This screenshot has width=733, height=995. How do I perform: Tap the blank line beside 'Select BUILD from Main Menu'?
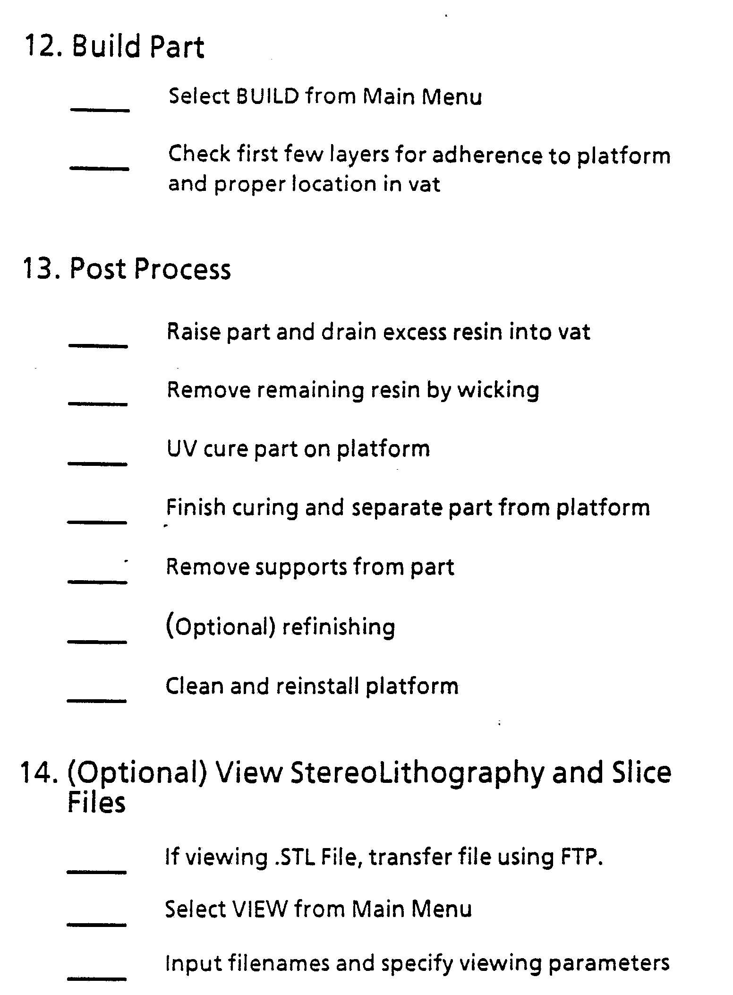(x=100, y=110)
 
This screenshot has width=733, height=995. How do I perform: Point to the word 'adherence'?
(x=487, y=155)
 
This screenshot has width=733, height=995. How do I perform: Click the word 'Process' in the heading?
(x=182, y=269)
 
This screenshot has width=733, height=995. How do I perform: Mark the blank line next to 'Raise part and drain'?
(x=98, y=346)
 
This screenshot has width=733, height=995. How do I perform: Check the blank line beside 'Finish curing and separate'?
(x=97, y=522)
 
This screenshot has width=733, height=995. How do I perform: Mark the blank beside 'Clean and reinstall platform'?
(x=96, y=700)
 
